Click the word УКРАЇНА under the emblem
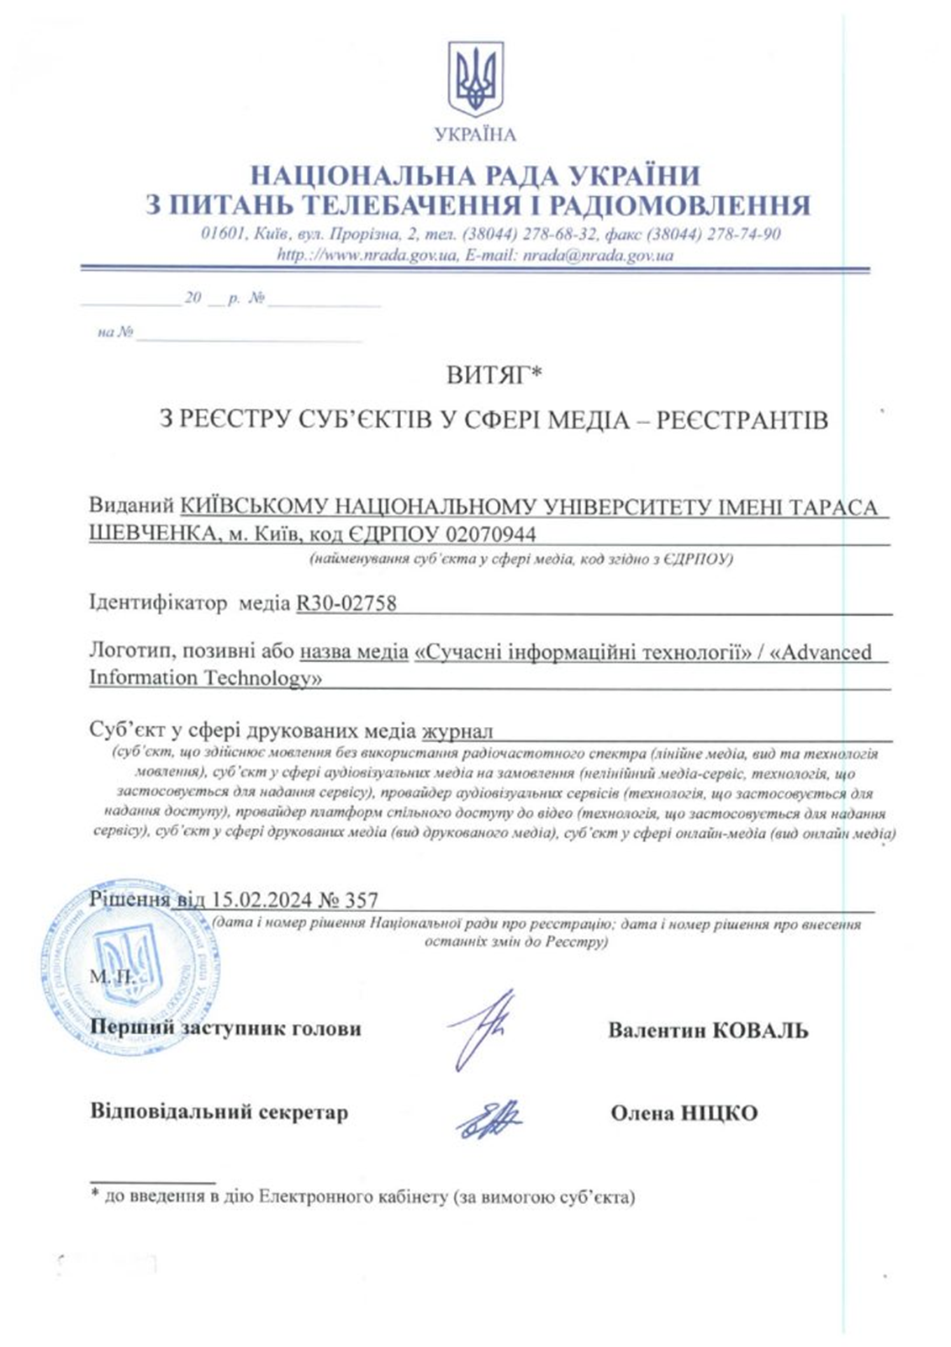tap(475, 135)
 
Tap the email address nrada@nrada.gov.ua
tap(598, 255)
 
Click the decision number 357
tap(362, 899)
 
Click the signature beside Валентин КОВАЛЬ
tap(480, 1027)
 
